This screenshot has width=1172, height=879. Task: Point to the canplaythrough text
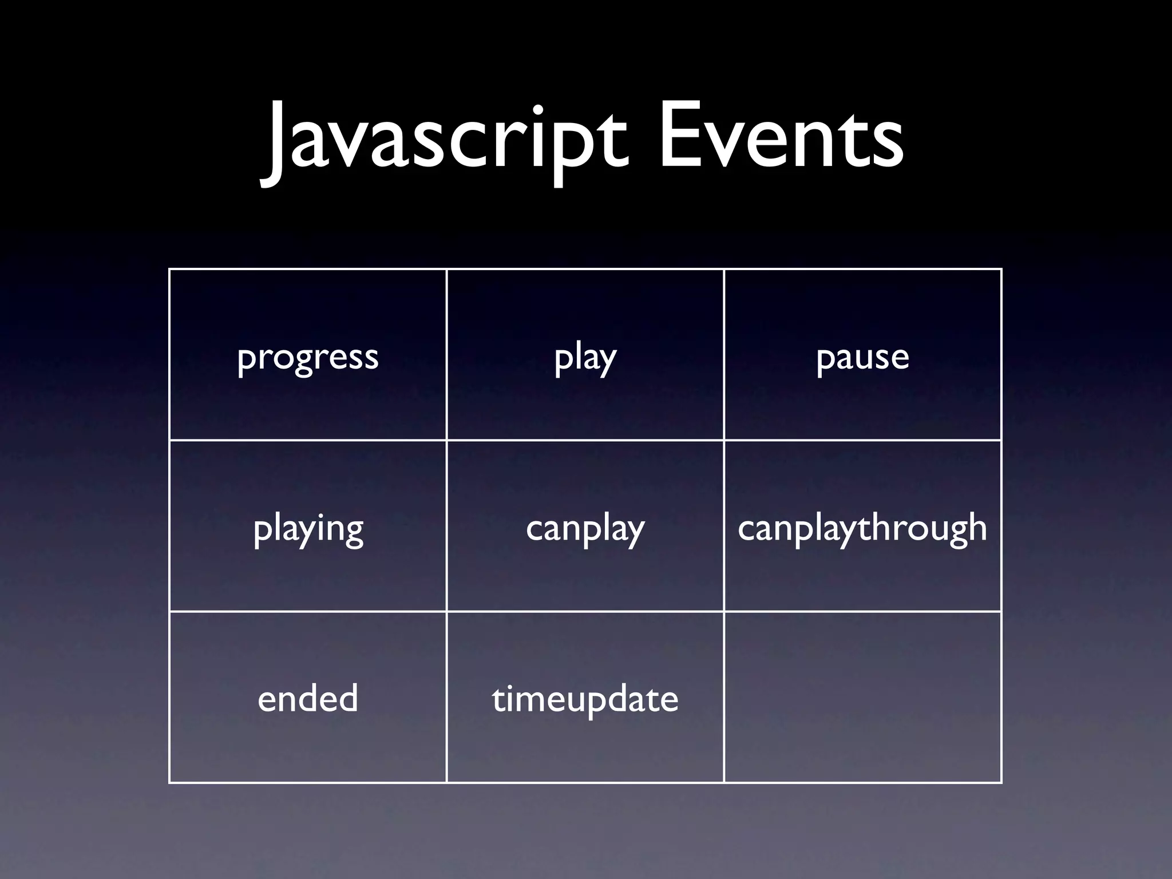[862, 528]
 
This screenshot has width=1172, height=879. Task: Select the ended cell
[308, 699]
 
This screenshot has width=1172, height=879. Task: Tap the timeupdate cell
[585, 699]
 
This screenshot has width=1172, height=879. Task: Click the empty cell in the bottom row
[862, 697]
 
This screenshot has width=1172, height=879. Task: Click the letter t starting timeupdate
[498, 699]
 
